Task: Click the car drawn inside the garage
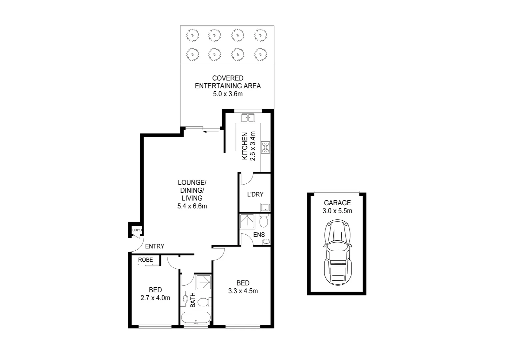coord(337,252)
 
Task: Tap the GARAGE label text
coord(337,203)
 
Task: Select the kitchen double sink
coord(248,118)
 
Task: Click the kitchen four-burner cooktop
coord(265,147)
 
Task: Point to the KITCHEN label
coord(245,146)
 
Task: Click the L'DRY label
coord(255,194)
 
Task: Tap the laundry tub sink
coord(265,207)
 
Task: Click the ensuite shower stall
coord(247,221)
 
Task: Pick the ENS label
coord(259,235)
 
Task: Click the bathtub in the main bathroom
coord(196,317)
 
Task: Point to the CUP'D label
coord(137,230)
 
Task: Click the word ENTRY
coord(155,246)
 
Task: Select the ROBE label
coord(146,260)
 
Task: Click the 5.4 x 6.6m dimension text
coord(192,206)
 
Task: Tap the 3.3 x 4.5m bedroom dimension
coord(243,291)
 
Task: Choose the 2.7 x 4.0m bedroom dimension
coord(156,298)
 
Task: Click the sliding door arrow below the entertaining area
coord(211,132)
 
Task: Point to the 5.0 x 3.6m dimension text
coord(228,94)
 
